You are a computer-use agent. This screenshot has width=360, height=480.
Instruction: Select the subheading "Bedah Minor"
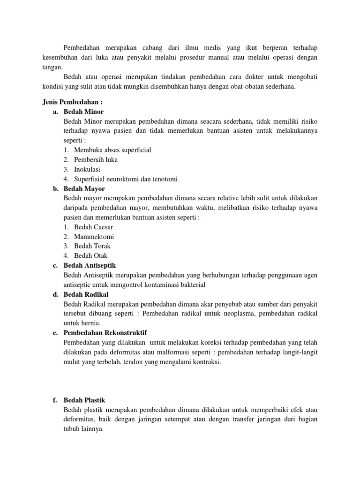[83, 112]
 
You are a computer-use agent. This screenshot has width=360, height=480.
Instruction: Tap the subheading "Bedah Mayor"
[84, 188]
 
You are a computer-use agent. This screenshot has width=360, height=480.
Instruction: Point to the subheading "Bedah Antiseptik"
[90, 265]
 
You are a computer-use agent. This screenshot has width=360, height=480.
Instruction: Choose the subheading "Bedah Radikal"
[86, 294]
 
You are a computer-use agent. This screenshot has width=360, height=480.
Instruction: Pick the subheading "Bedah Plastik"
[84, 400]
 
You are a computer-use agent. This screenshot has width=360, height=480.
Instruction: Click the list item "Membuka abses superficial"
[112, 150]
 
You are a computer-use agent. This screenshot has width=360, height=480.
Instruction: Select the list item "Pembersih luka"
[96, 160]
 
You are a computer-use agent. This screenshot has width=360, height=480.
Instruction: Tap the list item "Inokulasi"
[87, 169]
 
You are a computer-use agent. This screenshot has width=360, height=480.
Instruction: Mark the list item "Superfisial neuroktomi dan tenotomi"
[126, 179]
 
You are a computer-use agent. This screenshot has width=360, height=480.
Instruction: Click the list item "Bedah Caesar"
[94, 227]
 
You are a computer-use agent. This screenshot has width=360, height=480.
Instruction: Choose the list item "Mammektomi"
[94, 237]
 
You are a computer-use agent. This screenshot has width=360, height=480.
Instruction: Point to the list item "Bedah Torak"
[92, 246]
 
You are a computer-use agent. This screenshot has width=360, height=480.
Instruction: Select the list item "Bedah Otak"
[91, 256]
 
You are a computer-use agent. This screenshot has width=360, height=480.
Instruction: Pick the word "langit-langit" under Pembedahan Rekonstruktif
[300, 352]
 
